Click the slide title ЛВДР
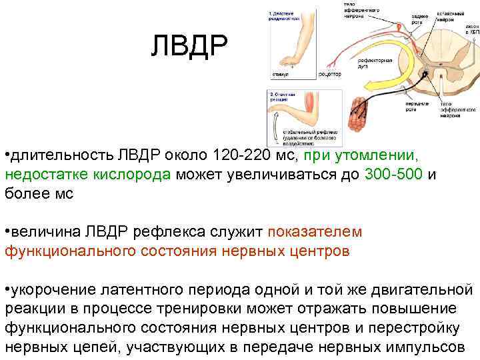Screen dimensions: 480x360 (x=189, y=45)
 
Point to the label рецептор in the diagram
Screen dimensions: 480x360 (x=329, y=74)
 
